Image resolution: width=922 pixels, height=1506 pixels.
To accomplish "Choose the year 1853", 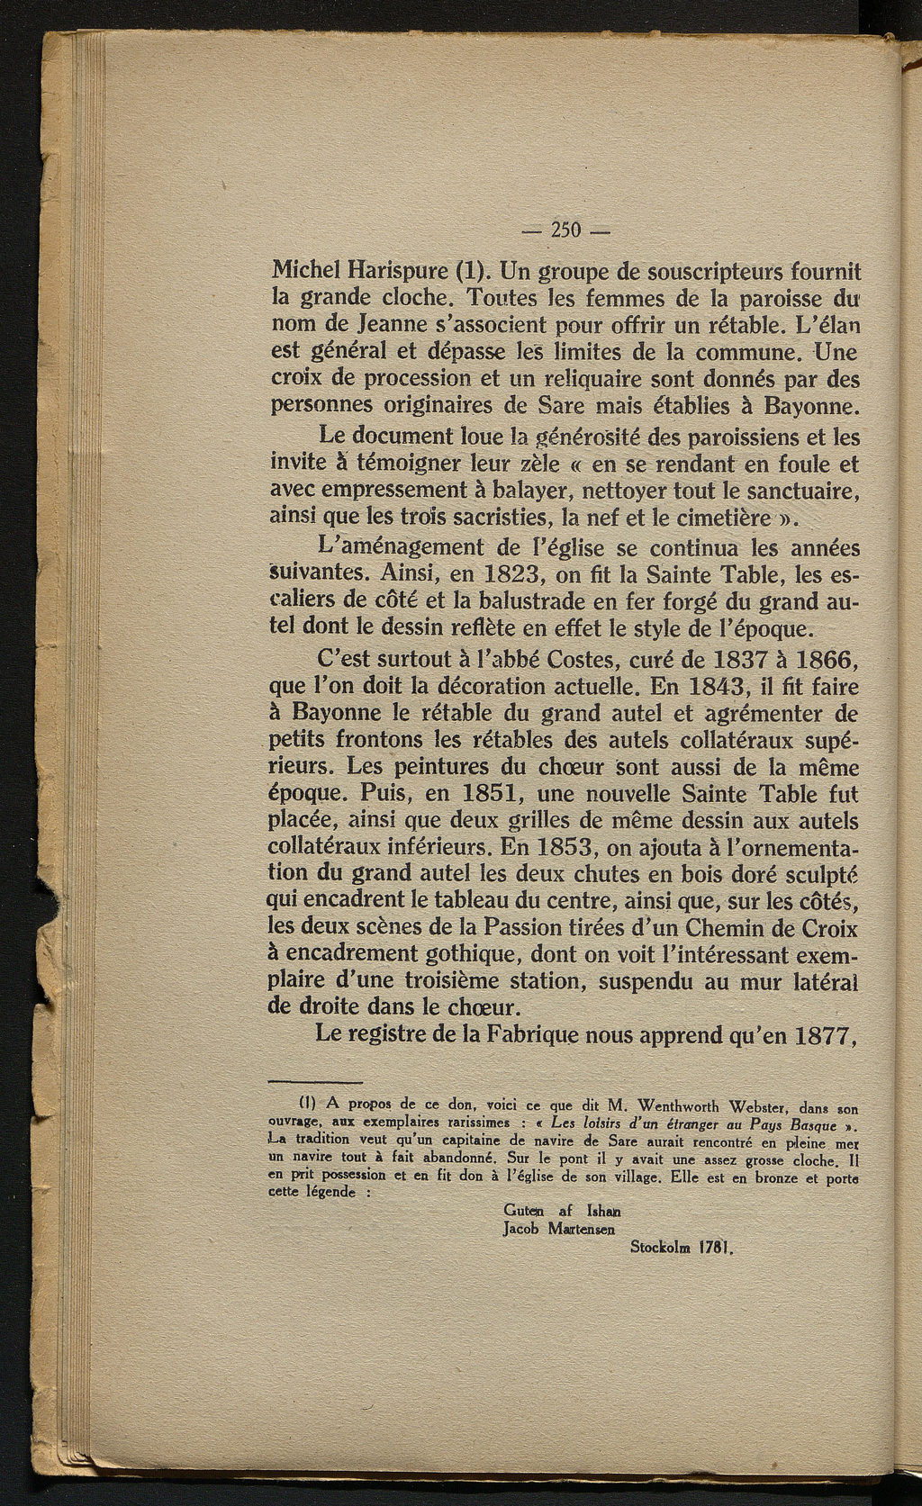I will click(x=566, y=848).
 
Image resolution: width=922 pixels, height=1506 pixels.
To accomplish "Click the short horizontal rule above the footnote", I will click(x=314, y=1082).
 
